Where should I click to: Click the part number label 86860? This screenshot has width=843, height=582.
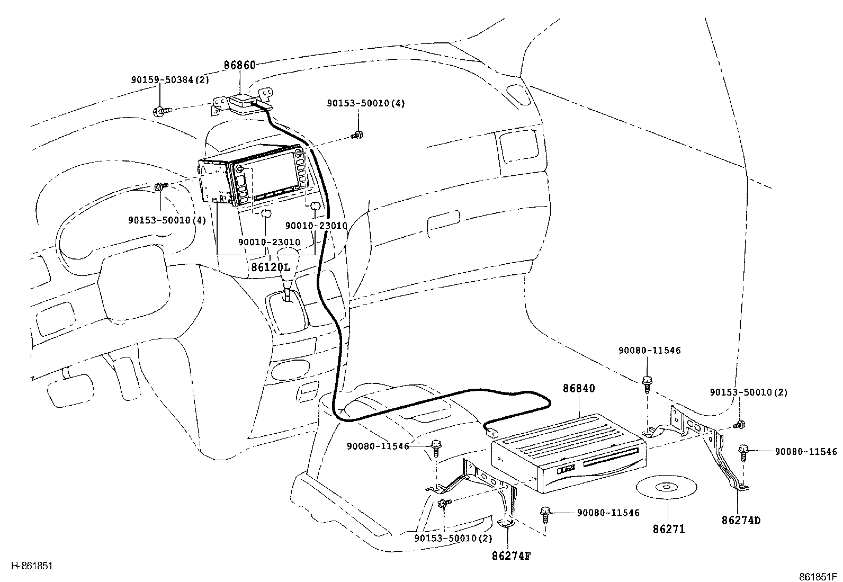(x=239, y=66)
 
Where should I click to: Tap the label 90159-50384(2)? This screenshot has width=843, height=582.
(x=170, y=80)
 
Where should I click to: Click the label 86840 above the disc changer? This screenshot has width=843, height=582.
(x=579, y=388)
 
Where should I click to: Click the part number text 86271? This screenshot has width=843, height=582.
(x=668, y=529)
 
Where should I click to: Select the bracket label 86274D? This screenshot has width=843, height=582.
(x=741, y=520)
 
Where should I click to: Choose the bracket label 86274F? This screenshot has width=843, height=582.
(x=511, y=556)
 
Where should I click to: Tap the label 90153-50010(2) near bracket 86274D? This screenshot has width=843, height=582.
(x=749, y=392)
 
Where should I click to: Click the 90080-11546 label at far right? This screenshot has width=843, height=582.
(x=806, y=452)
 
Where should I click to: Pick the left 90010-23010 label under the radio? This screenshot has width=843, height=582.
(x=269, y=242)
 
